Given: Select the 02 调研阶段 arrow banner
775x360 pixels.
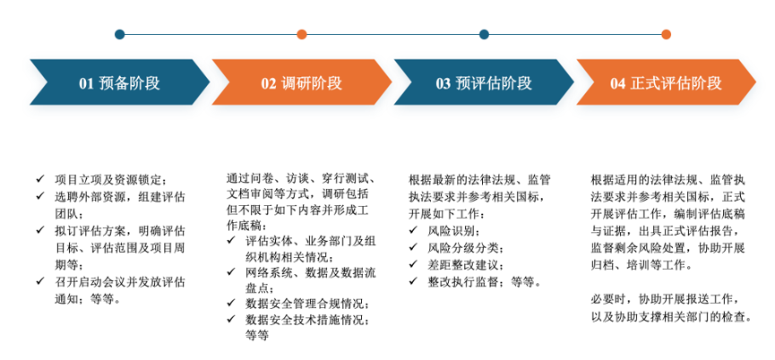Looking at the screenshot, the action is [302, 82].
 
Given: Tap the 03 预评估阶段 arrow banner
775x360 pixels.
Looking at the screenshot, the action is [484, 82].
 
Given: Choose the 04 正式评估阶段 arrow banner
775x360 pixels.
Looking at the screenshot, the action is [667, 82].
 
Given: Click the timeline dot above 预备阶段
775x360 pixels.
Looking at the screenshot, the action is [120, 35].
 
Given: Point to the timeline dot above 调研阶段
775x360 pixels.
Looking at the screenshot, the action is [302, 35].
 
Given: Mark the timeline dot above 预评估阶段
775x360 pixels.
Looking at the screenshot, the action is [485, 35].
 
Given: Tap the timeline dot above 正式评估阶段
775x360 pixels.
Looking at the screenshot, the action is [667, 35].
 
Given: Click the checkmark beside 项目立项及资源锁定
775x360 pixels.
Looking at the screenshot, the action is [40, 179].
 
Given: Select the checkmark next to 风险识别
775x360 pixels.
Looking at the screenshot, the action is [413, 229].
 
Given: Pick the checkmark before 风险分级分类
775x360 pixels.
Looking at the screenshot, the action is [413, 247].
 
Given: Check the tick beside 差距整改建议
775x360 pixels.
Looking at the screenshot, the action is [413, 264].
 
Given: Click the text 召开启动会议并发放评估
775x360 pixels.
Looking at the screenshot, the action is [120, 282].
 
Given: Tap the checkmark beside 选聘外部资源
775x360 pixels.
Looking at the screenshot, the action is [40, 196].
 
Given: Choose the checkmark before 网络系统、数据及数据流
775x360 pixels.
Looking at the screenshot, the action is [231, 271].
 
